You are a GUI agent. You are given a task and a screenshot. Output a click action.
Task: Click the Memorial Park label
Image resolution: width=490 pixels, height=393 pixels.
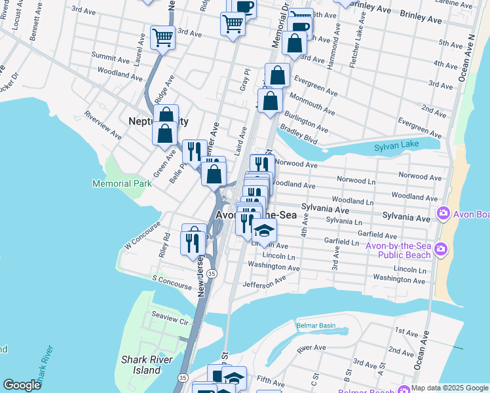(x=122, y=183)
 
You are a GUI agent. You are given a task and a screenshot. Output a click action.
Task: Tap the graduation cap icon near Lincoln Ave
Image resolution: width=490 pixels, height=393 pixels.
(x=265, y=231)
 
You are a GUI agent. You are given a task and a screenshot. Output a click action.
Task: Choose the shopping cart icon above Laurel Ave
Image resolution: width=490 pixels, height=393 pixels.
(x=162, y=37)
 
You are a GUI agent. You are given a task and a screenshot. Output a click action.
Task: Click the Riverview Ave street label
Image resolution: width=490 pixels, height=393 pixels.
(x=103, y=129)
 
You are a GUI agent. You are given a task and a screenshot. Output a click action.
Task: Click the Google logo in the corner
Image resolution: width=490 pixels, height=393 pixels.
(x=22, y=385)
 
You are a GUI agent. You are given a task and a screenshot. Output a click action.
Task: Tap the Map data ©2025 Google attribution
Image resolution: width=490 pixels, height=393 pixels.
(x=449, y=388)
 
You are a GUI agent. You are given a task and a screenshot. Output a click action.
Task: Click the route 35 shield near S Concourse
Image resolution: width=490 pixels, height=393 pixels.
(x=211, y=272)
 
